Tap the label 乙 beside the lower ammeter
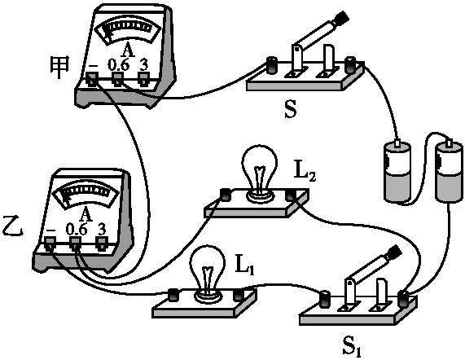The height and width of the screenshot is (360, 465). pyautogui.click(x=13, y=220)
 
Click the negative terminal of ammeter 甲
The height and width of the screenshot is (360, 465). pyautogui.click(x=92, y=78)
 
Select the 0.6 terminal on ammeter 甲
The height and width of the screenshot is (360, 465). pyautogui.click(x=118, y=78)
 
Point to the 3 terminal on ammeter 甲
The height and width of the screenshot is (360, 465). pyautogui.click(x=144, y=78)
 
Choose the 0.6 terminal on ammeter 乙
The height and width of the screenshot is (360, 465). pyautogui.click(x=77, y=242)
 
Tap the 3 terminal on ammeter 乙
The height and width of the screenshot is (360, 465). pyautogui.click(x=102, y=242)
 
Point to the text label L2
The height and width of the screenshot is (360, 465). pyautogui.click(x=305, y=173)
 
